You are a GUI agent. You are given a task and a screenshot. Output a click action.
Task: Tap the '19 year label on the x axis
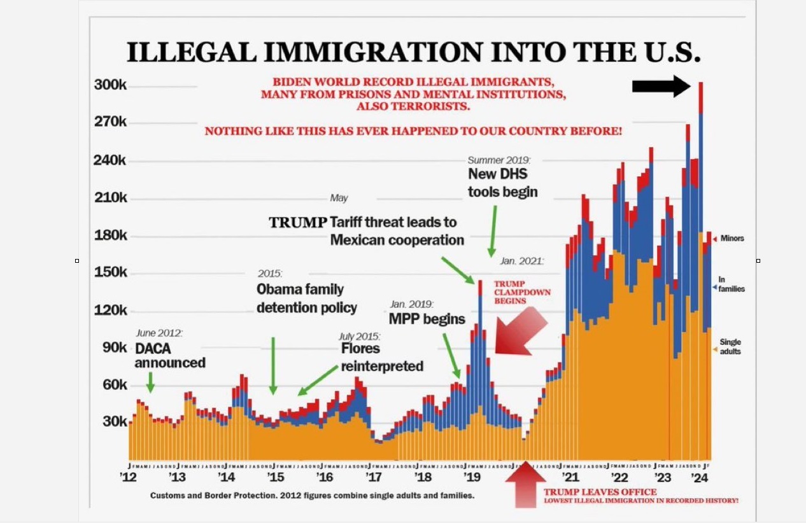tap(471, 478)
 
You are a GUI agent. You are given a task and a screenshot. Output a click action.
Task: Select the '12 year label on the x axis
tap(129, 478)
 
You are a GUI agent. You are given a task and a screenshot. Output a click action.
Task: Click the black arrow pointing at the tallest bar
tap(661, 86)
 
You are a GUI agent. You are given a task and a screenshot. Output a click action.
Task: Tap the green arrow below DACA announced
tap(150, 382)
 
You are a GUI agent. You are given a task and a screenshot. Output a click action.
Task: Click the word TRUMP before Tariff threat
tap(298, 223)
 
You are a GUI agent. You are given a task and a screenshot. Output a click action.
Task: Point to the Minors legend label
tap(732, 239)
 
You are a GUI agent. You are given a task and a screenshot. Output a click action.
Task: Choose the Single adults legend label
tap(730, 347)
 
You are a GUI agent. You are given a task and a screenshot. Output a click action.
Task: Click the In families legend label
tap(731, 284)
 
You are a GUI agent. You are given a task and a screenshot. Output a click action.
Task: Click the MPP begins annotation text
tap(427, 318)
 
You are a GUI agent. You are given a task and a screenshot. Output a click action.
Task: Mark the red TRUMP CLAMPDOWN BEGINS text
tap(522, 292)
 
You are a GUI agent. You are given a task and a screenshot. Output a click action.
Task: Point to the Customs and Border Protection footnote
tap(312, 495)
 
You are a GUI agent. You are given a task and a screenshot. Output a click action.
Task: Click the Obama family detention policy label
tap(307, 298)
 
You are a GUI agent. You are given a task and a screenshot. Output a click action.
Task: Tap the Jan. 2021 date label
tap(521, 261)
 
